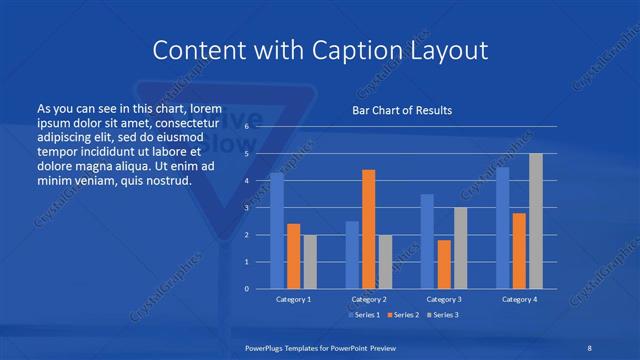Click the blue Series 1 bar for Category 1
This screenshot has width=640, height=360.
pos(277,231)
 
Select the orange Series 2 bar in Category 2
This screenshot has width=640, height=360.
pos(368,229)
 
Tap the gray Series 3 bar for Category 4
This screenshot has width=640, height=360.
pos(536,221)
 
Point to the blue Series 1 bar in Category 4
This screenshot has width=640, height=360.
pos(502,228)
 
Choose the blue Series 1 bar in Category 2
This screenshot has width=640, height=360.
pos(352,255)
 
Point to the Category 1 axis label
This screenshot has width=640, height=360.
pos(293,299)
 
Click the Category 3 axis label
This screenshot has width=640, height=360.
pos(443,299)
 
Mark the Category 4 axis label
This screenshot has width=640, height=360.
pos(519,299)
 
